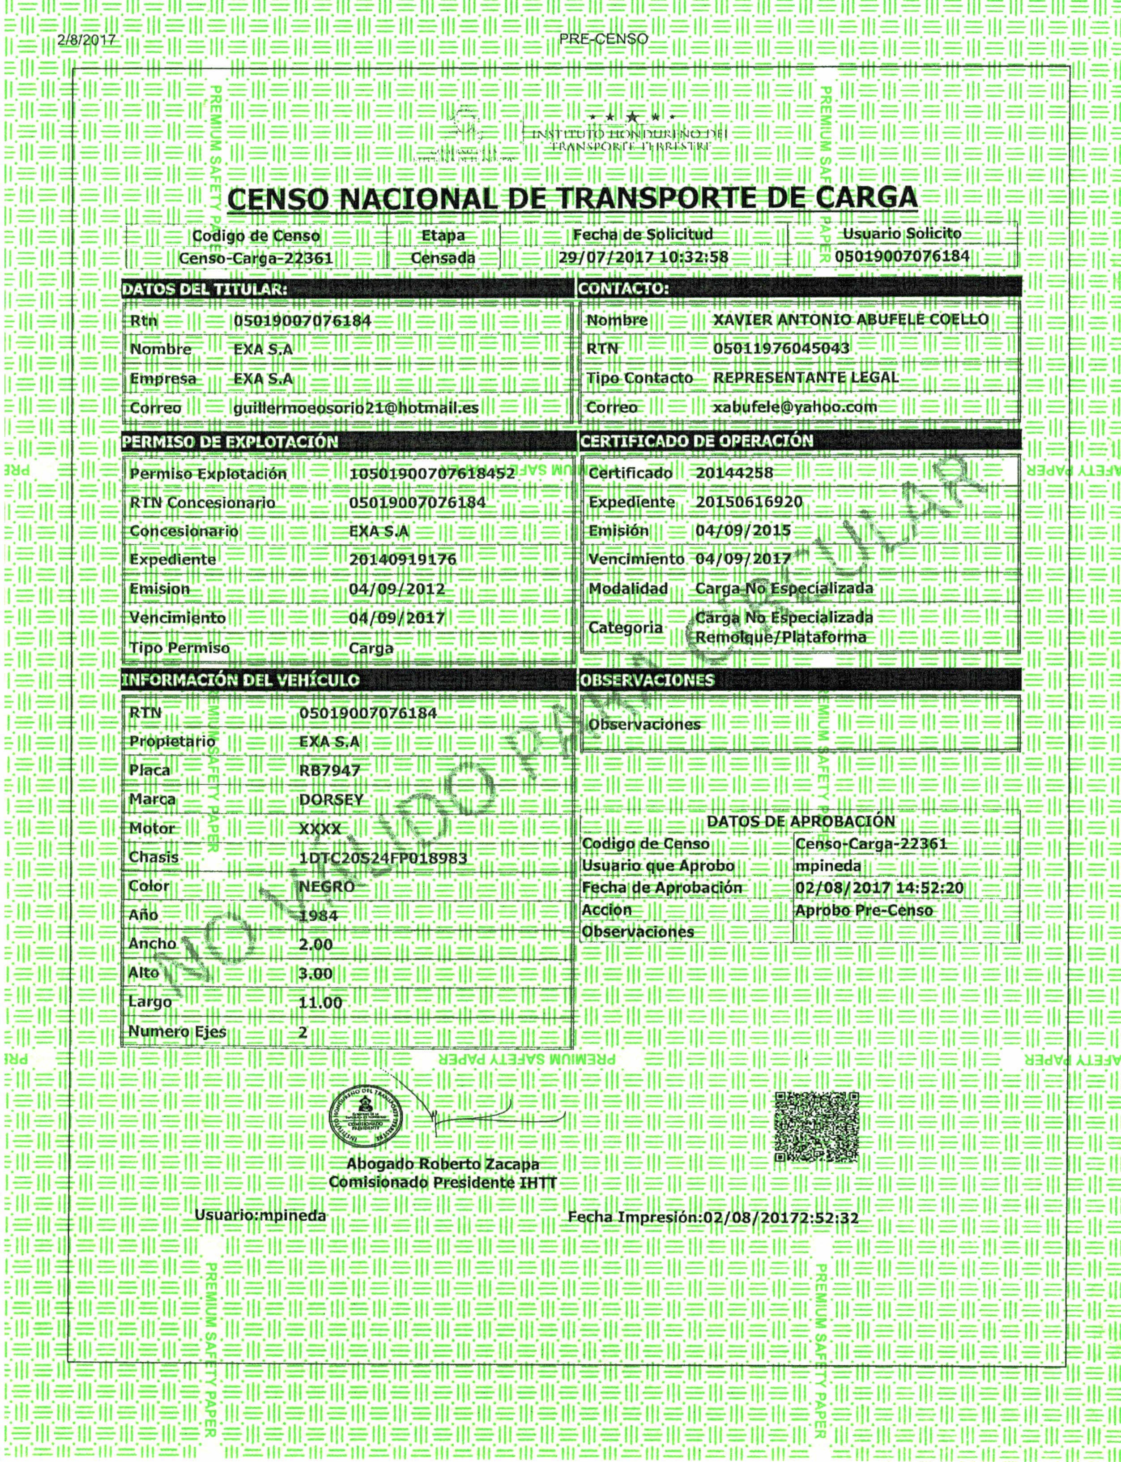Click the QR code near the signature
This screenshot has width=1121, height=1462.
816,1127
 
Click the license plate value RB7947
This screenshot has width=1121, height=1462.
330,771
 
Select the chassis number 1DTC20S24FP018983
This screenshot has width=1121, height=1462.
383,858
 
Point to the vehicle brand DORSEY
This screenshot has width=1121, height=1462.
331,799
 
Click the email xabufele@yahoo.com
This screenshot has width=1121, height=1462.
795,407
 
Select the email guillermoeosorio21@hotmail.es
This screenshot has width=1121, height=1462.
356,408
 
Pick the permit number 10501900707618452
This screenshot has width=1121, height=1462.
432,474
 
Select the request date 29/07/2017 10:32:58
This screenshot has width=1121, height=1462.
643,257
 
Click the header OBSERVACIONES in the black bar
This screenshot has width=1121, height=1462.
647,680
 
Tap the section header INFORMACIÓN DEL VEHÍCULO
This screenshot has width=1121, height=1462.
240,680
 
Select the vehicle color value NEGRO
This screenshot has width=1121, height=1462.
327,887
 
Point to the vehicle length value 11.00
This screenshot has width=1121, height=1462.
320,1003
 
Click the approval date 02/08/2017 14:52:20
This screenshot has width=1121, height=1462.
879,888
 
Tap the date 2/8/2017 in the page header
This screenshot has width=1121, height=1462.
87,40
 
